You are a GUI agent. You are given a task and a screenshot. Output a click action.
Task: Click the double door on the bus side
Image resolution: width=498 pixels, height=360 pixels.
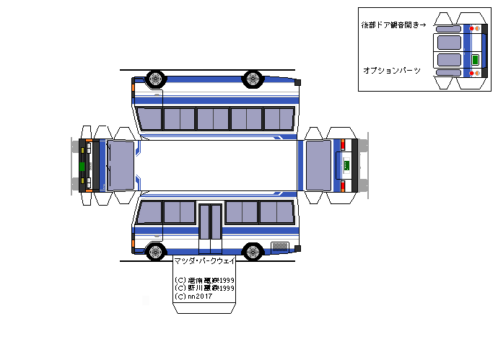tap(211, 221)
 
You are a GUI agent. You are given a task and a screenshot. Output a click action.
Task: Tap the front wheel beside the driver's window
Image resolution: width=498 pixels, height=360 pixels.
tap(155, 252)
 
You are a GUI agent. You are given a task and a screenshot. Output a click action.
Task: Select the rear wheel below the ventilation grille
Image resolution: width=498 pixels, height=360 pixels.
tap(253, 252)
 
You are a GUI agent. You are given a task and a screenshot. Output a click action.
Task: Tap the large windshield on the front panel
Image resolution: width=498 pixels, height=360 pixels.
tap(121, 165)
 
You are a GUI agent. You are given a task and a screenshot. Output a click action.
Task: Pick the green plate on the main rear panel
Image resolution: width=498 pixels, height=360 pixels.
tap(346, 166)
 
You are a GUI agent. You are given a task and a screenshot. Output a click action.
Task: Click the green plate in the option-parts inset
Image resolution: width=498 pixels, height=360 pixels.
tap(475, 59)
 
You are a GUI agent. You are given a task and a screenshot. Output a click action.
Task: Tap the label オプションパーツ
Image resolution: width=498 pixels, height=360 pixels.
tap(392, 70)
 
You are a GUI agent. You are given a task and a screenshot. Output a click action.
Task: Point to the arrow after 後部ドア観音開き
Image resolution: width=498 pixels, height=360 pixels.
tap(423, 25)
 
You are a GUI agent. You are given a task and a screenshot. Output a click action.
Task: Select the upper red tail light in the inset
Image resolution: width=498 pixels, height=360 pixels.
tap(472, 29)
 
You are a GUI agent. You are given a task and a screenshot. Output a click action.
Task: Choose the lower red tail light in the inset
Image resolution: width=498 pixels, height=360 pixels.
tap(472, 73)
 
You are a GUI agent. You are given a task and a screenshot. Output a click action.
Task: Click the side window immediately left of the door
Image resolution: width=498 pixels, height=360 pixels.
tap(180, 212)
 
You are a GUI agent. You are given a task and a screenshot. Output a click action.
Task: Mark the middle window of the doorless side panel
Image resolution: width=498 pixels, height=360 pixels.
tap(213, 118)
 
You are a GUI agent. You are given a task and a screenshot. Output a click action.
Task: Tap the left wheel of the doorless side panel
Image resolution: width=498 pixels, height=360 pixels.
tap(155, 78)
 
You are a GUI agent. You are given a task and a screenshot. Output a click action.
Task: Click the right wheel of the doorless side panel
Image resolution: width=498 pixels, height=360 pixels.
tap(253, 78)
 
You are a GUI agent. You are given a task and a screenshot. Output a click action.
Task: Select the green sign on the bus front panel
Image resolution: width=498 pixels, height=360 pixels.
tap(82, 166)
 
